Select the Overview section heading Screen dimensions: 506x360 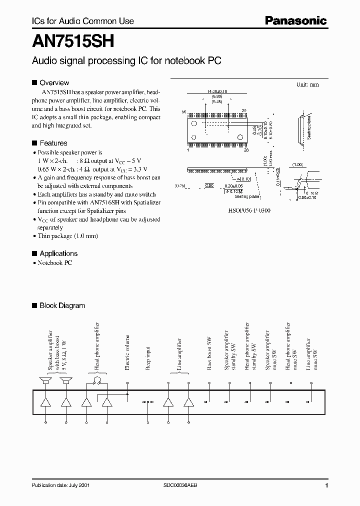tap(54, 82)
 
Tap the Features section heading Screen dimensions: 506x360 tap(53, 142)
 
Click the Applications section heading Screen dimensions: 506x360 tap(58, 253)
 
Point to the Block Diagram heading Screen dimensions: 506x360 tap(62, 305)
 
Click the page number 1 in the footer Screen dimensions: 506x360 tap(326, 485)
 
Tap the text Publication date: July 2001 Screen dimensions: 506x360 tap(61, 485)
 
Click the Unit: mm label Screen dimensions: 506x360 tap(307, 85)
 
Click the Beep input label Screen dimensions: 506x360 tap(148, 359)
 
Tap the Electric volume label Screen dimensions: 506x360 tap(127, 352)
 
